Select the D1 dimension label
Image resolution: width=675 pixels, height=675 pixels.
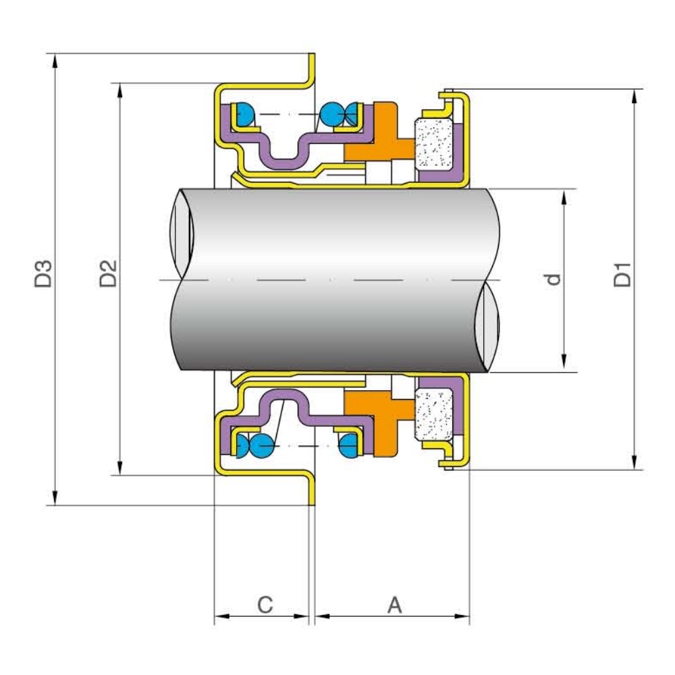pos(622,275)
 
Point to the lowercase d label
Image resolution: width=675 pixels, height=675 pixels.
pos(553,278)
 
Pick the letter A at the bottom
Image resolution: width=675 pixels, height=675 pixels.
pos(394,604)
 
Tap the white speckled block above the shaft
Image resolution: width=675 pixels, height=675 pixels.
pos(433,142)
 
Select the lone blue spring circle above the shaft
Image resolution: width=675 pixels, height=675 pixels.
pos(243,114)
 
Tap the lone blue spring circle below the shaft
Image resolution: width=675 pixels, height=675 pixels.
pos(349,446)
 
